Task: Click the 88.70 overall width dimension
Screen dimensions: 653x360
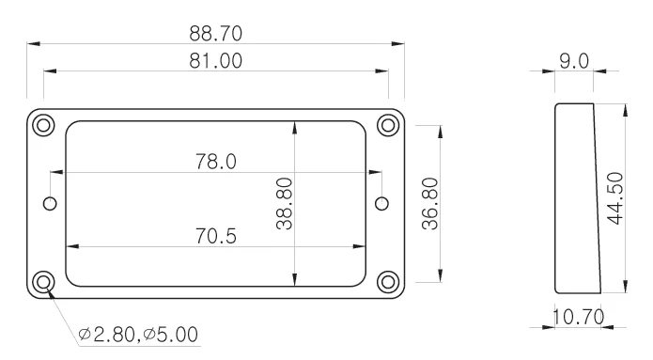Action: [x=216, y=34]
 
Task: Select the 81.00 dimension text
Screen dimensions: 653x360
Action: [x=216, y=61]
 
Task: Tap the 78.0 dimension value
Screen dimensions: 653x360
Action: [x=216, y=162]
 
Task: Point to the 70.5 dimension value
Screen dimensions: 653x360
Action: [x=216, y=236]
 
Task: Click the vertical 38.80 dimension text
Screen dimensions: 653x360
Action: [x=285, y=204]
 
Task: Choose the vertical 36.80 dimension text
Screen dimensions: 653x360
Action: [x=430, y=204]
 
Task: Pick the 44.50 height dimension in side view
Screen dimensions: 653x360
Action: [x=615, y=198]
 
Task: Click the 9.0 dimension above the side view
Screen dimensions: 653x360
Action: [x=574, y=62]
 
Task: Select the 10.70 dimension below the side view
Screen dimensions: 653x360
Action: [x=579, y=317]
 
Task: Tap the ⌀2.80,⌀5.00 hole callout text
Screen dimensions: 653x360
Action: [x=138, y=335]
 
